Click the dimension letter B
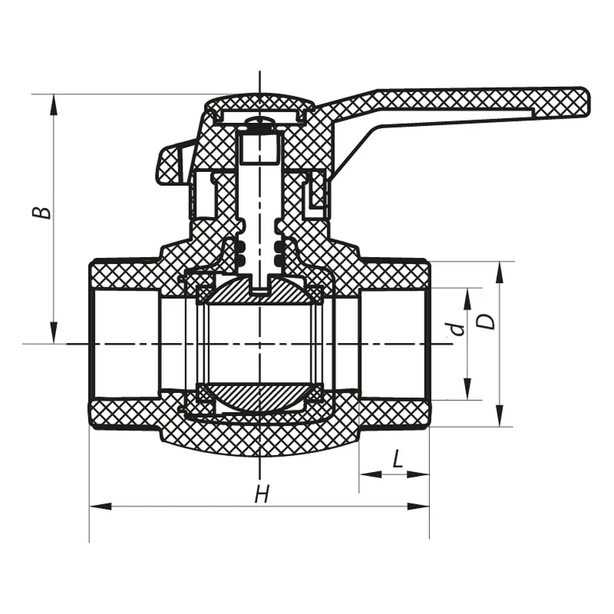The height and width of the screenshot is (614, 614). click(x=43, y=210)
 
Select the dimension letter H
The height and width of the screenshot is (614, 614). click(x=261, y=493)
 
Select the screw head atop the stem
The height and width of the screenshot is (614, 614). click(x=260, y=126)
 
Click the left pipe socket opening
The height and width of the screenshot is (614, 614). click(x=123, y=343)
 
